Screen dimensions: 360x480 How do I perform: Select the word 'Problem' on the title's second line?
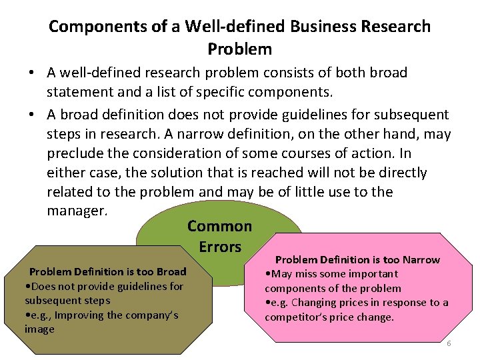tap(240, 49)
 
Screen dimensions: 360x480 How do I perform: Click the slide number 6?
tap(449, 343)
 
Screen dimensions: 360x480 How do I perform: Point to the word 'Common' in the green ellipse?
tap(219, 226)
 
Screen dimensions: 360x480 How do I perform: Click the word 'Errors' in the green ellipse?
tap(219, 247)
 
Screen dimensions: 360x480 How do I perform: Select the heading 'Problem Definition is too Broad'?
tap(107, 271)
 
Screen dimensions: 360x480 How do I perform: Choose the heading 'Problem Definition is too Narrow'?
tap(357, 259)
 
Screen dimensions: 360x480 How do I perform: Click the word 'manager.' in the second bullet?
tap(77, 211)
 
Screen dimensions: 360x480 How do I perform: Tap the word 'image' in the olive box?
tap(39, 329)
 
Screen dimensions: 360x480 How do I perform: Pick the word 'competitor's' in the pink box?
tap(294, 317)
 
